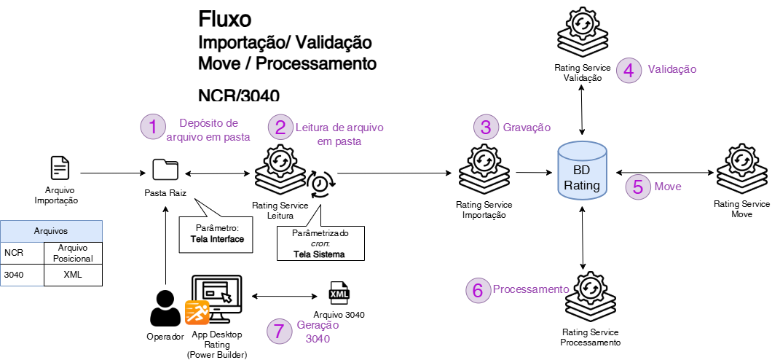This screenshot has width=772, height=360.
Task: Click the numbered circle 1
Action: (x=153, y=127)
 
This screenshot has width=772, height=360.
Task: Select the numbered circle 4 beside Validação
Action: (x=629, y=70)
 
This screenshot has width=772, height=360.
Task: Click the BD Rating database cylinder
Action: (x=582, y=173)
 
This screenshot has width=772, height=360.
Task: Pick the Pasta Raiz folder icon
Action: (x=165, y=170)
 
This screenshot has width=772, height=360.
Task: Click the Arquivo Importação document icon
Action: (x=60, y=168)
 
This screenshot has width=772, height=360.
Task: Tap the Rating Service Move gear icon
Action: (x=741, y=169)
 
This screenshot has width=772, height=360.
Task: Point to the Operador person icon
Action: (x=165, y=308)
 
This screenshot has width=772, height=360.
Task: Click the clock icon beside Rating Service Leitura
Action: (x=320, y=184)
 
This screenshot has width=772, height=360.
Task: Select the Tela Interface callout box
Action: (x=216, y=233)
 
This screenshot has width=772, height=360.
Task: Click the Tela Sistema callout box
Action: (x=320, y=243)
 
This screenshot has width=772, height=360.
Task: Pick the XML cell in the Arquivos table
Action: (x=73, y=275)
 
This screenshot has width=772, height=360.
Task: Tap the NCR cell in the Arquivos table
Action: (x=22, y=253)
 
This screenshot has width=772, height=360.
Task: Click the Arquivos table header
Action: (x=51, y=231)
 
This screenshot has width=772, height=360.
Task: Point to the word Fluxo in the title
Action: (x=225, y=20)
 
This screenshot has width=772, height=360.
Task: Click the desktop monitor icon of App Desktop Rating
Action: (x=216, y=299)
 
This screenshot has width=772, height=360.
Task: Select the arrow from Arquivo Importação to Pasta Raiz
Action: (x=111, y=173)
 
